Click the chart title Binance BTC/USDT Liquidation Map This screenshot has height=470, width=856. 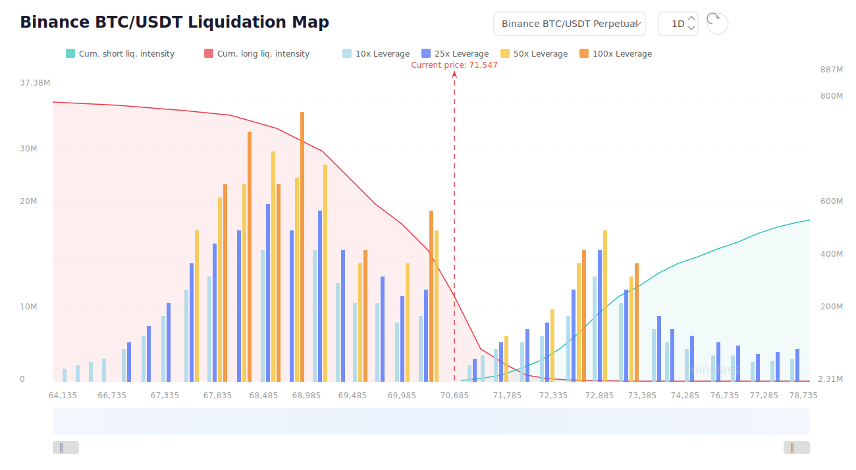pyautogui.click(x=174, y=22)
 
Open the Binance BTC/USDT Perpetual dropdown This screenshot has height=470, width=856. pyautogui.click(x=569, y=24)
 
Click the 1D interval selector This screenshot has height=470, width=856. pyautogui.click(x=678, y=24)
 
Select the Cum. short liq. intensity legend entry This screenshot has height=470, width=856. pyautogui.click(x=120, y=54)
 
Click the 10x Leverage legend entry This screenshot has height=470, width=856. pyautogui.click(x=376, y=54)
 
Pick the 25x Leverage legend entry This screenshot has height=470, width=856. pyautogui.click(x=455, y=54)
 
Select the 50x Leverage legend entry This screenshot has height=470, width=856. pyautogui.click(x=534, y=54)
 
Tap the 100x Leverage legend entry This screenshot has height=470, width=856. pyautogui.click(x=616, y=54)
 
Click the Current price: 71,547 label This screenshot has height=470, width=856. pyautogui.click(x=454, y=65)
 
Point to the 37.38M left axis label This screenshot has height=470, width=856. pyautogui.click(x=36, y=83)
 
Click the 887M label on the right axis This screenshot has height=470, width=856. pyautogui.click(x=832, y=70)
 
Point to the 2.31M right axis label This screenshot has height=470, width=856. pyautogui.click(x=830, y=379)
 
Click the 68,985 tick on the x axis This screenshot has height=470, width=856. pyautogui.click(x=306, y=396)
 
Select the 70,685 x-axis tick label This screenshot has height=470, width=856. pyautogui.click(x=454, y=396)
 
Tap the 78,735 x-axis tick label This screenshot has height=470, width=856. pyautogui.click(x=803, y=396)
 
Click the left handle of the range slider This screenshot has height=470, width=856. pyautogui.click(x=65, y=448)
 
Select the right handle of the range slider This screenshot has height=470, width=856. pyautogui.click(x=796, y=448)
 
